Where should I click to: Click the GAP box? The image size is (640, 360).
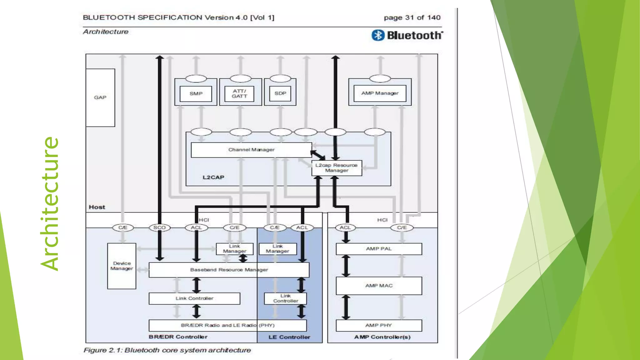click(x=100, y=97)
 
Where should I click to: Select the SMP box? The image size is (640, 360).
click(x=196, y=93)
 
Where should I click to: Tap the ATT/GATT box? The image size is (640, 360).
click(x=239, y=93)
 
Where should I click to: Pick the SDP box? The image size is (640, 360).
click(x=280, y=93)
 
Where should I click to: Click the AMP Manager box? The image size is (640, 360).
click(x=380, y=93)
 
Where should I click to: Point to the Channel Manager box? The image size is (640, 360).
click(x=251, y=150)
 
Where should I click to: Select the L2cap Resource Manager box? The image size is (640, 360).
click(x=337, y=168)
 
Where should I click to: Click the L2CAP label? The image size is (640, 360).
click(x=213, y=177)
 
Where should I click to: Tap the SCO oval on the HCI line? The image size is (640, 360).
click(x=159, y=227)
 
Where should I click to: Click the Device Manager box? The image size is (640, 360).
click(x=122, y=266)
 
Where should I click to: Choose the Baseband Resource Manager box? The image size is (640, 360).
click(x=229, y=270)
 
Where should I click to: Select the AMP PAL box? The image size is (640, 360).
click(x=379, y=249)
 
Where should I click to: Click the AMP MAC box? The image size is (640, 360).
click(x=379, y=286)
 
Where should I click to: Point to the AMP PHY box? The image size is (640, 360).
click(x=379, y=325)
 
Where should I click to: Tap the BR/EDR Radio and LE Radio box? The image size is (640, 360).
click(x=227, y=325)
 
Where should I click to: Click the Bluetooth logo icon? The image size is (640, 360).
click(x=378, y=35)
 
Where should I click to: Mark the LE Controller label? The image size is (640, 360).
click(x=289, y=337)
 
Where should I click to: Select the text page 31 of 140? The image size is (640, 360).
click(x=412, y=17)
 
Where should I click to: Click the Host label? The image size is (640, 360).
click(x=97, y=207)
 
